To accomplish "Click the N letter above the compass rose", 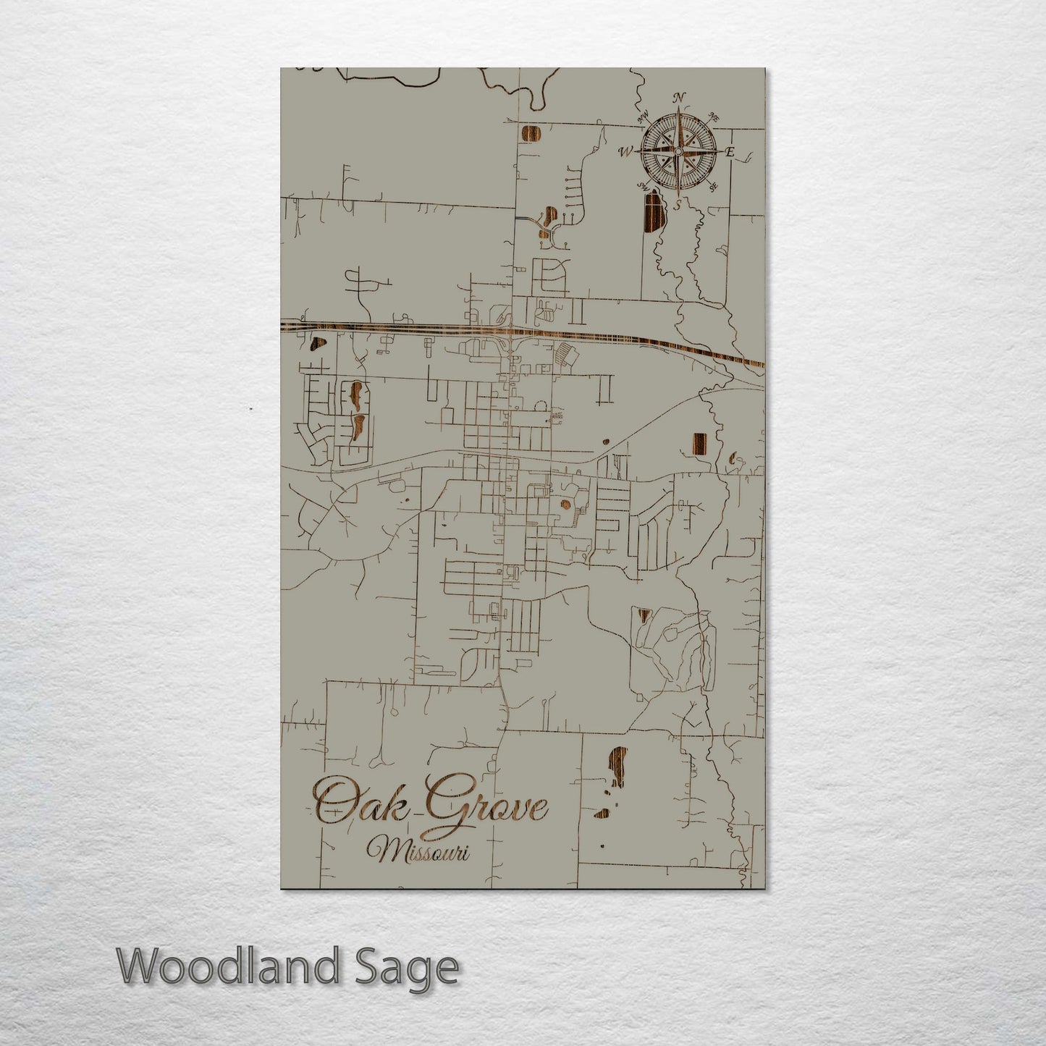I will (679, 98).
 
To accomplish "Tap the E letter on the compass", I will (730, 152).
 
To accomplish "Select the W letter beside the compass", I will (625, 152).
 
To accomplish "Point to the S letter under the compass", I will (678, 205).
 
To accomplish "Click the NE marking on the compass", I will (713, 117).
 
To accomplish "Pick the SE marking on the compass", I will (713, 187).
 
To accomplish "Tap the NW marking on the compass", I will (641, 117).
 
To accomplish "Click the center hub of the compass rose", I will (678, 151).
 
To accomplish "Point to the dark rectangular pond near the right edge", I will (699, 443).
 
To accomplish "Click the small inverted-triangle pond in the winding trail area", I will (642, 615).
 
